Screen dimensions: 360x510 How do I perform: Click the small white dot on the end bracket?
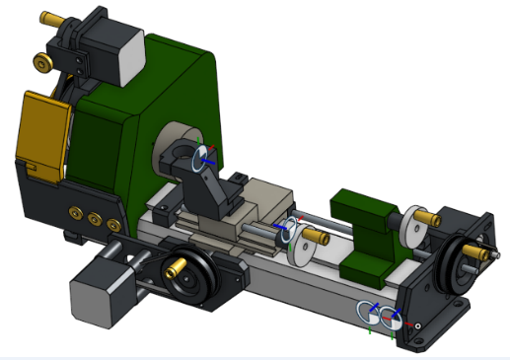[x=418, y=324]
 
